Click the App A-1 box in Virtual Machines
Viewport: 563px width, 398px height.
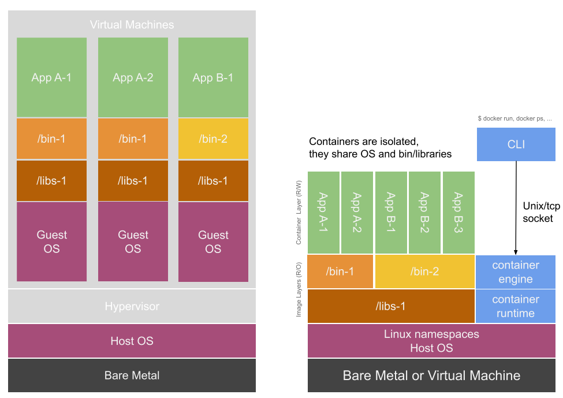coord(51,77)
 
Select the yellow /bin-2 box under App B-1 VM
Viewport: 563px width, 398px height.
coord(213,139)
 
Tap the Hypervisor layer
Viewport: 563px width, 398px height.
coord(132,306)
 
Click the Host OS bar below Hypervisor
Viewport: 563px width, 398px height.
coord(132,341)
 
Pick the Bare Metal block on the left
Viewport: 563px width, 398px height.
coord(132,375)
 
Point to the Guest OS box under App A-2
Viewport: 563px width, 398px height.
coord(133,241)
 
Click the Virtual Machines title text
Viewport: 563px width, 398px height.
coord(132,25)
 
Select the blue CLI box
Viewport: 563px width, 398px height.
coord(516,144)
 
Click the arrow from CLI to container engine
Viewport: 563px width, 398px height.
coord(516,208)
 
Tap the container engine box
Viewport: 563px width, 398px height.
coord(516,272)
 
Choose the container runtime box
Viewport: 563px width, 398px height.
coord(516,306)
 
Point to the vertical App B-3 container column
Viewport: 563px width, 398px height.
coord(458,213)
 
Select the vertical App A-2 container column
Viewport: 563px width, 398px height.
coord(357,213)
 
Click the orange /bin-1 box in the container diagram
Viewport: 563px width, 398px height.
coord(340,271)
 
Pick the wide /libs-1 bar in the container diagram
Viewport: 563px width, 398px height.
coord(390,306)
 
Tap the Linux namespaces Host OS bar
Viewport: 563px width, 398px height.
coord(431,341)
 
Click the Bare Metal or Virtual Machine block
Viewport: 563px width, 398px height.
coord(431,375)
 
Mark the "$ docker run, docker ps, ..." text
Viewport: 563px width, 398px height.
coord(514,118)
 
